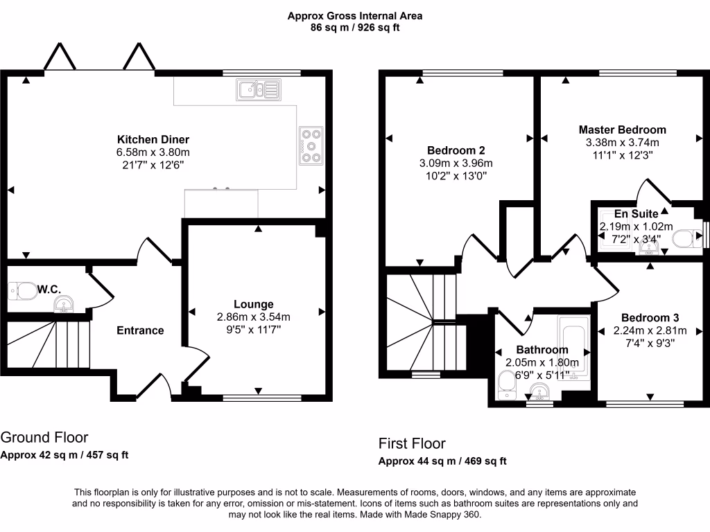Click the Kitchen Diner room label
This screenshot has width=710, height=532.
click(x=153, y=139)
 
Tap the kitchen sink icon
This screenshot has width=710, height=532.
click(x=258, y=89)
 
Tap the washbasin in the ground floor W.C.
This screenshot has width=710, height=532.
click(x=64, y=304)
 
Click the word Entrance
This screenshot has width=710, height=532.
click(x=140, y=330)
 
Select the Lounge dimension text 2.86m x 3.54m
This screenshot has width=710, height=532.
click(x=253, y=317)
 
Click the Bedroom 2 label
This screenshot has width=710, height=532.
click(x=456, y=150)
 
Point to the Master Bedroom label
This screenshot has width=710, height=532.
click(x=622, y=130)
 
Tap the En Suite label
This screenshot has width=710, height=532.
click(x=636, y=213)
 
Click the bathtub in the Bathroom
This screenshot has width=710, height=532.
click(x=574, y=350)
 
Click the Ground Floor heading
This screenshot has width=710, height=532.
click(x=44, y=437)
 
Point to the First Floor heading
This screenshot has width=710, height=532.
click(x=412, y=443)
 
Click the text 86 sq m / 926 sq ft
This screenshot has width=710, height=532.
click(x=355, y=28)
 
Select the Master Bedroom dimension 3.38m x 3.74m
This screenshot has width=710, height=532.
click(x=622, y=143)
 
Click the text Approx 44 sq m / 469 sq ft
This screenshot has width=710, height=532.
click(x=442, y=461)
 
